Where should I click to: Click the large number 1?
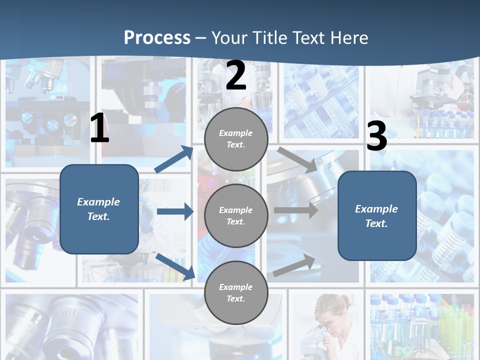(99, 128)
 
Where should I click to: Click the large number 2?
(236, 75)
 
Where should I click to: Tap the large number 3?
(376, 136)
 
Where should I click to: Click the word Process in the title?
(157, 37)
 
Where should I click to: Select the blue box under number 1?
(99, 209)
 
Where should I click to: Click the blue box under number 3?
(377, 216)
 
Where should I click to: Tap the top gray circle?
(236, 139)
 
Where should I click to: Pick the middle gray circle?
(236, 215)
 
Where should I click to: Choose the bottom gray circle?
(236, 292)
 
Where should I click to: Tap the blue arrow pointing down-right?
(175, 266)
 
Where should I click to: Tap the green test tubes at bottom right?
(452, 325)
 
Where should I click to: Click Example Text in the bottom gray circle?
(236, 292)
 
